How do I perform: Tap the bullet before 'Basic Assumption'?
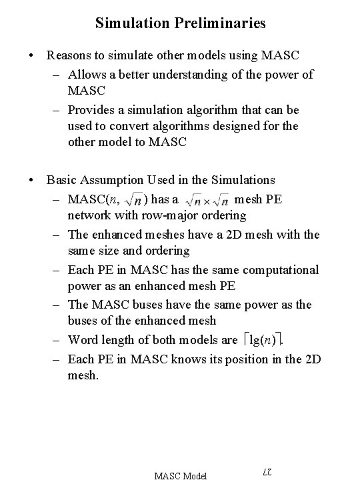coord(31,180)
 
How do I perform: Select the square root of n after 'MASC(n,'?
coord(135,199)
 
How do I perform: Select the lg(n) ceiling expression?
coord(265,340)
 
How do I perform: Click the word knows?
coord(195,359)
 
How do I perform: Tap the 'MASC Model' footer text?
coord(181,475)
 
